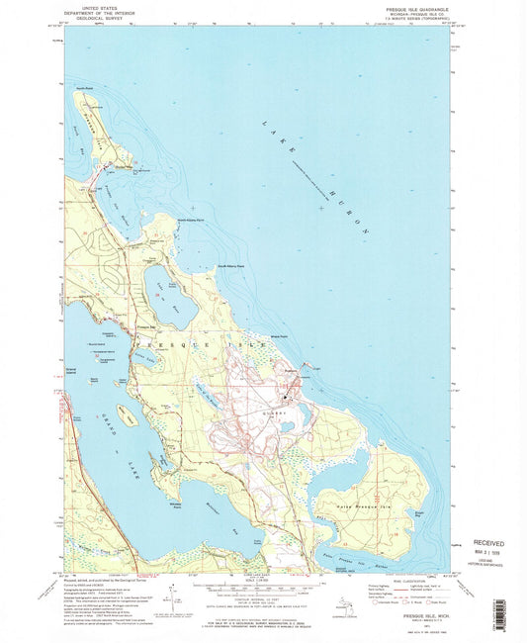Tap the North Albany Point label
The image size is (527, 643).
(x=190, y=220)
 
